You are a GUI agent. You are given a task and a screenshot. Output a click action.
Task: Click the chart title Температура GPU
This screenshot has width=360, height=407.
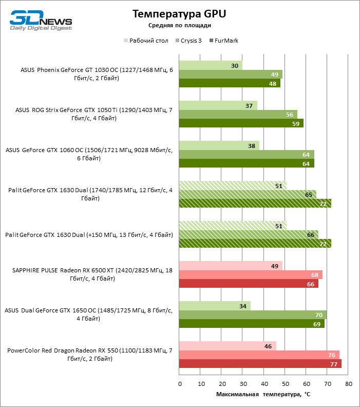179,14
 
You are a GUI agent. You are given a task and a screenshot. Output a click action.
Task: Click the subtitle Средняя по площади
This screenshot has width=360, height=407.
179,25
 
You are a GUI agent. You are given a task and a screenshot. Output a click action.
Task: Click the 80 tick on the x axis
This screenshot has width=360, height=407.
348,384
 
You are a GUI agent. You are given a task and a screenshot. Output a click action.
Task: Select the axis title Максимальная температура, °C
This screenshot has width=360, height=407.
263,394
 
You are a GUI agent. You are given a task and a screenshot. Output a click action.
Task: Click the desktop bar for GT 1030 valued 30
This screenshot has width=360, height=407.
211,66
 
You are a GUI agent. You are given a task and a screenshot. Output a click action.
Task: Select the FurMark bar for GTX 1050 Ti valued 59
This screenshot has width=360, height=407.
241,123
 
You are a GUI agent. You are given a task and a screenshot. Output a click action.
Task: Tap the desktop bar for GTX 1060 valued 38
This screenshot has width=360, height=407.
219,146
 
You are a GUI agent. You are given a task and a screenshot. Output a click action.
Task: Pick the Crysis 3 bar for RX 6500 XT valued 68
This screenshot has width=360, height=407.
251,275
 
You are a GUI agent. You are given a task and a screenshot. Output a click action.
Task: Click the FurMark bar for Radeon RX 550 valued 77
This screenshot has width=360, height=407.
260,364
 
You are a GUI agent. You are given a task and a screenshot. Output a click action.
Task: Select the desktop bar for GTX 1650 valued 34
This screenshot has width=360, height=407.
215,306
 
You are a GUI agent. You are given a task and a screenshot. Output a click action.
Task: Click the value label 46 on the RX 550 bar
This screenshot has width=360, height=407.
268,346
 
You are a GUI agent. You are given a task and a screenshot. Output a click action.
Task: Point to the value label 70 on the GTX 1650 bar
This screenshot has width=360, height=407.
318,315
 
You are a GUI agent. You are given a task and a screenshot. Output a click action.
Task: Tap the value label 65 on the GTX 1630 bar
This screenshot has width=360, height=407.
308,195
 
